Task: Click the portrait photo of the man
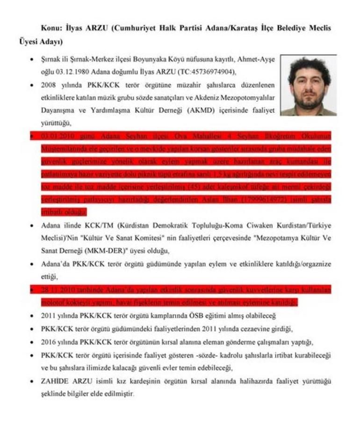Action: (x=308, y=87)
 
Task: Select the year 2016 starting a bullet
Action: (x=49, y=342)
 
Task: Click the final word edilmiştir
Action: (x=117, y=394)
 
